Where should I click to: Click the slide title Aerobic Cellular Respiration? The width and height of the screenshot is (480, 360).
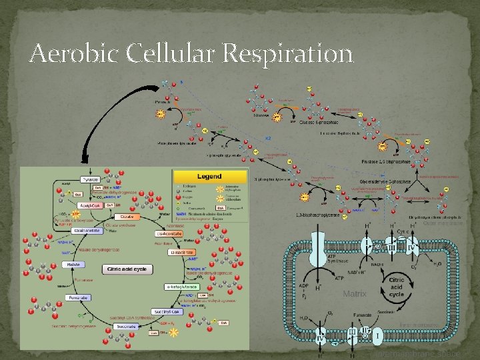(191, 53)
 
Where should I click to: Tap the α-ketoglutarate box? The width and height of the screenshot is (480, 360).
(179, 287)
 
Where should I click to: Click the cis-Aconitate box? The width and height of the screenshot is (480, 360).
(169, 234)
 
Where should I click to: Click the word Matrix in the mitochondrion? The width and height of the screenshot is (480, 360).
(355, 293)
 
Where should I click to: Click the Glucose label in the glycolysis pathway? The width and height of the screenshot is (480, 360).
(262, 115)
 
